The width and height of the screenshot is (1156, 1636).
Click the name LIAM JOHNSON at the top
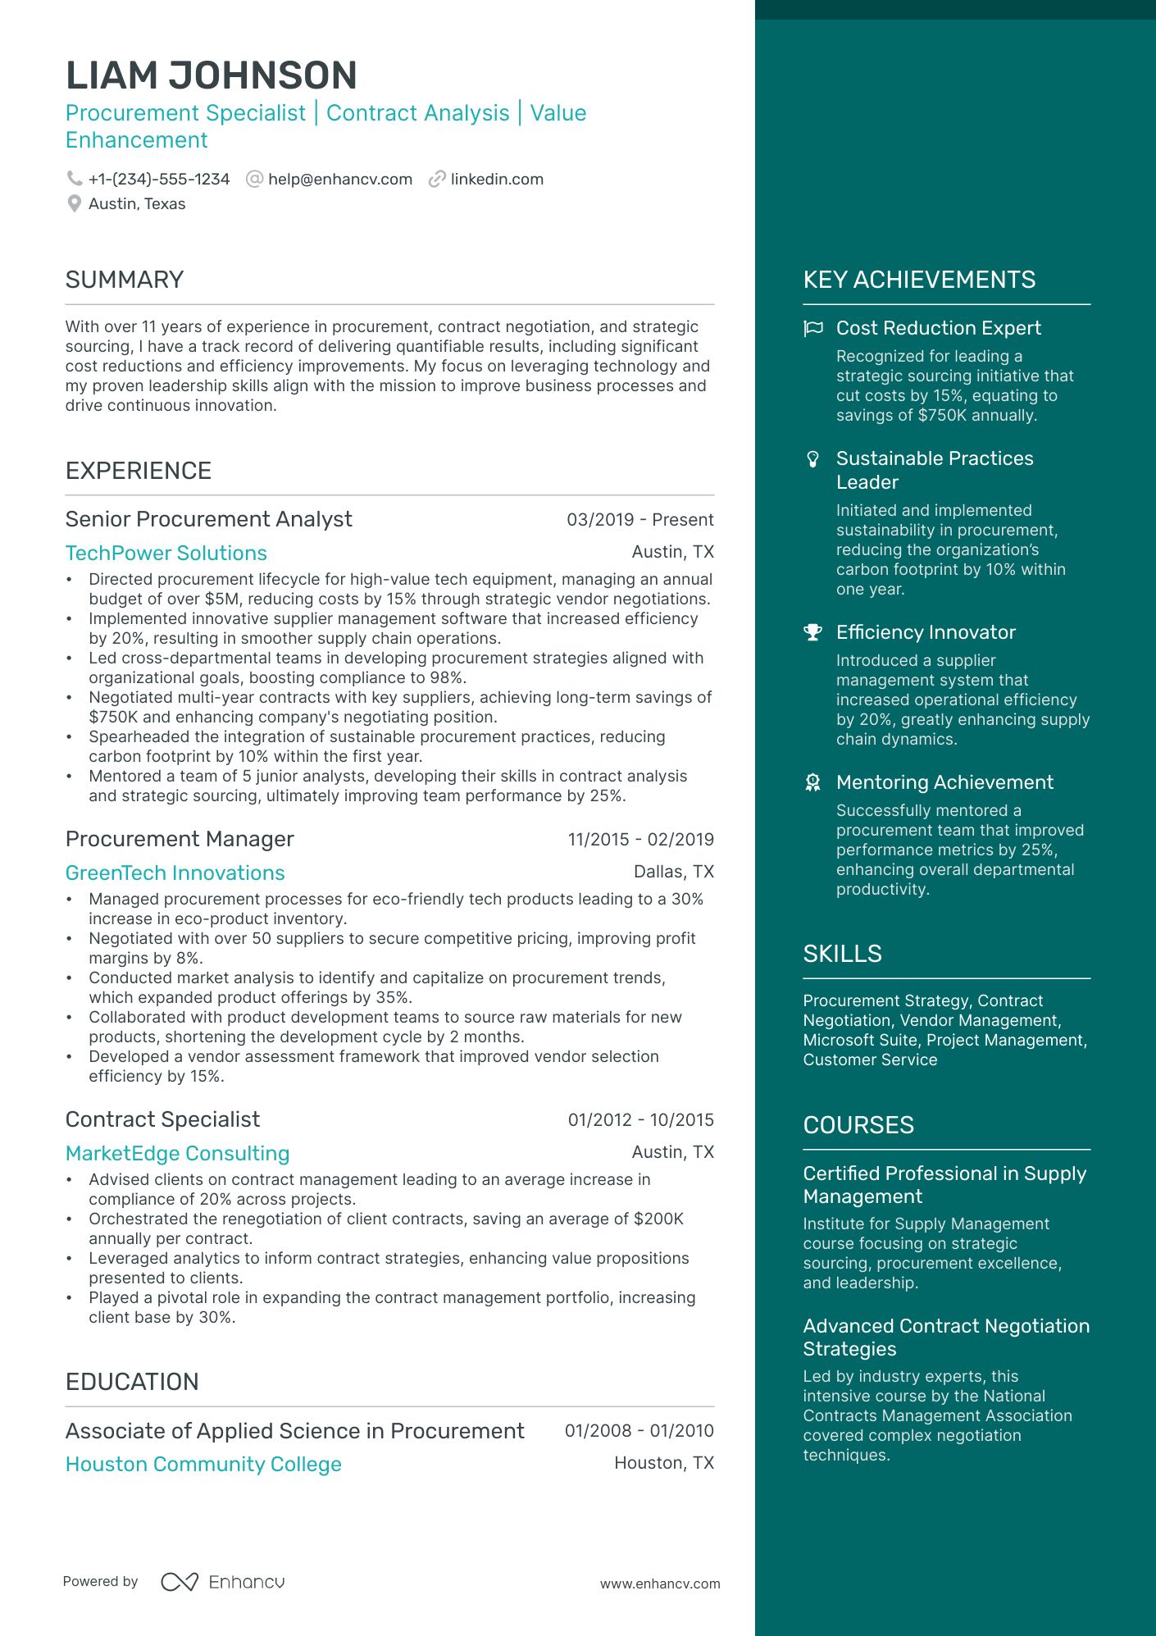[211, 75]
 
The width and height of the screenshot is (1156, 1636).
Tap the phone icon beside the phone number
[75, 179]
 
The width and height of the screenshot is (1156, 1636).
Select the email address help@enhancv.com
[339, 180]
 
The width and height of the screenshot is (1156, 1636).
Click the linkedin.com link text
[497, 180]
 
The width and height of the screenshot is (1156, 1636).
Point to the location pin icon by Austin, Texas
[75, 204]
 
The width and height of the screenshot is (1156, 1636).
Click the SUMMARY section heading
[125, 280]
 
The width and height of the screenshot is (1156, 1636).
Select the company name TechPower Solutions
[166, 554]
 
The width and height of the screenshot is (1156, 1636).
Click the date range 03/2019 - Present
[639, 520]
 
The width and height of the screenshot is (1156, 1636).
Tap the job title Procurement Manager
[180, 839]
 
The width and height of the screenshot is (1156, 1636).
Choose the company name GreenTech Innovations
[175, 873]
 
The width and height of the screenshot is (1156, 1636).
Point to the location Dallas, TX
[673, 872]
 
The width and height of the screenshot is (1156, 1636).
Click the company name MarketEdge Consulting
[178, 1154]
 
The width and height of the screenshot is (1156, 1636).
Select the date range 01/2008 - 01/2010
[639, 1431]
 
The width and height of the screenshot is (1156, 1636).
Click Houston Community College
[203, 1465]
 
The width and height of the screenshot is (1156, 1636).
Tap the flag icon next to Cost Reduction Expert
[813, 329]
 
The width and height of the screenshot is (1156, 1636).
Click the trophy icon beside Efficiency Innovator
[812, 632]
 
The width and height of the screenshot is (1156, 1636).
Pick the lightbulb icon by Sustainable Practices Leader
[812, 459]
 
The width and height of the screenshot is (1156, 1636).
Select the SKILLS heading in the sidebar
[842, 954]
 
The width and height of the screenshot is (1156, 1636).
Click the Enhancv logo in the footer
[223, 1582]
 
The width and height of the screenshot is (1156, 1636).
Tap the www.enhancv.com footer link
[660, 1584]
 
